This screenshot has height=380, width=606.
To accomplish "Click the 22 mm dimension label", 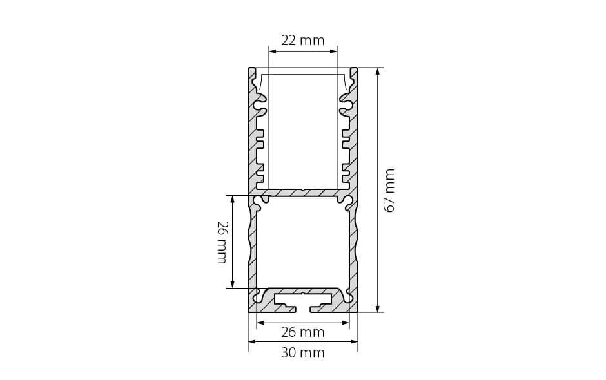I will [302, 41].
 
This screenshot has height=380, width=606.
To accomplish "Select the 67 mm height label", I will [389, 190].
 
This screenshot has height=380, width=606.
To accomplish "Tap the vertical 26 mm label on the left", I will [221, 242].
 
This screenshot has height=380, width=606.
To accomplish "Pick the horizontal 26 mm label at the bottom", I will [302, 332].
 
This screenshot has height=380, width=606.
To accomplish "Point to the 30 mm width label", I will [302, 352].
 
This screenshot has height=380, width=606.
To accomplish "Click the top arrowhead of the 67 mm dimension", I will [378, 71].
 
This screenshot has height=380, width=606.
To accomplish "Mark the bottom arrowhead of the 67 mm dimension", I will [378, 309].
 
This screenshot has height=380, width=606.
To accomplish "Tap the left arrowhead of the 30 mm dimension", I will [252, 341].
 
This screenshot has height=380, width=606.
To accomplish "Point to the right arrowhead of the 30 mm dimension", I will [354, 341].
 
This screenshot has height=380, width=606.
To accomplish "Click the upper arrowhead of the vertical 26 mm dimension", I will [232, 199].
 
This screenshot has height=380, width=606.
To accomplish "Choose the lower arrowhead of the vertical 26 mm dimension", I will [232, 284].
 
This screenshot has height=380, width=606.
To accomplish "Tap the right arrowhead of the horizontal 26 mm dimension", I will [346, 323].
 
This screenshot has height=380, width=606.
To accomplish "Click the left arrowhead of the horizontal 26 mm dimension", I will [260, 323].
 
